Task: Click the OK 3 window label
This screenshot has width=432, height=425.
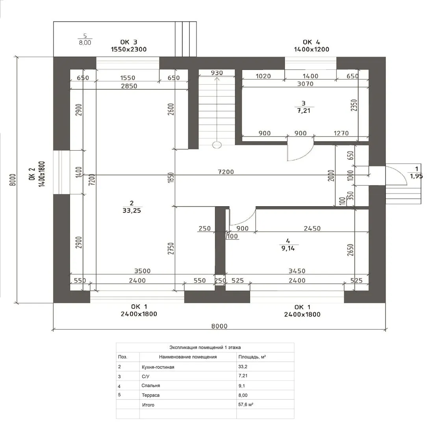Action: [129, 42]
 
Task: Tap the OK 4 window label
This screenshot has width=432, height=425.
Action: [311, 42]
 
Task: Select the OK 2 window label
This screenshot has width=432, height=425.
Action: [32, 174]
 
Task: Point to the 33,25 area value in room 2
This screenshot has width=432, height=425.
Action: [132, 211]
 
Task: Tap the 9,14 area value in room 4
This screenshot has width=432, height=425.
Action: [288, 248]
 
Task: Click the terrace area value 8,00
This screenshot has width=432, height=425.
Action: [85, 42]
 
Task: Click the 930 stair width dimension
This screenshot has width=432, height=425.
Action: [217, 73]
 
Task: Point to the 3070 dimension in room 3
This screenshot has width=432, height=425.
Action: [305, 84]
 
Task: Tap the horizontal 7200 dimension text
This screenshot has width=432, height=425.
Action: [226, 172]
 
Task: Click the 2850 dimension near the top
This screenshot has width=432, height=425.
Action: [129, 86]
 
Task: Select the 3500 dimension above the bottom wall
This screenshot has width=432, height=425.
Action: [143, 271]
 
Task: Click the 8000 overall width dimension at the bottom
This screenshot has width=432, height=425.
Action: [219, 326]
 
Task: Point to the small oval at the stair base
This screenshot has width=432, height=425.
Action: [217, 145]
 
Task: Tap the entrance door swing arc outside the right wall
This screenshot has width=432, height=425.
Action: [401, 172]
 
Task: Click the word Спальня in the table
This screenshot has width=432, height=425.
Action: [151, 386]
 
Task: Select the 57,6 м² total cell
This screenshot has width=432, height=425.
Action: [246, 405]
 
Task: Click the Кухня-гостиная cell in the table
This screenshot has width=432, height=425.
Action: [158, 367]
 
